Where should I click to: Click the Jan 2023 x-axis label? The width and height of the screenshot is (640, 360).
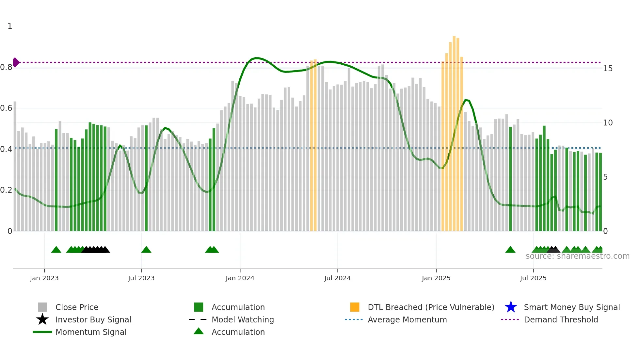click(44, 278)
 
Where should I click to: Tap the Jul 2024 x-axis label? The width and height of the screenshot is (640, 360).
click(337, 278)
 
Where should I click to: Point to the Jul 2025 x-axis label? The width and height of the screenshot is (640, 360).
click(533, 278)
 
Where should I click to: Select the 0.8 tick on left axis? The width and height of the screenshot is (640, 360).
click(6, 67)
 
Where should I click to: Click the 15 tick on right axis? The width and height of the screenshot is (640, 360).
click(608, 69)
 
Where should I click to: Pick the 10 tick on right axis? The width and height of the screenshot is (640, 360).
click(608, 123)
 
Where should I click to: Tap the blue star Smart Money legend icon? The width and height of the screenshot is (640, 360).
click(511, 307)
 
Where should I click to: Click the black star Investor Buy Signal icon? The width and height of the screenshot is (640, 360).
click(42, 319)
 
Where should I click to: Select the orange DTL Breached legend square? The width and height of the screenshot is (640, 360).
click(355, 307)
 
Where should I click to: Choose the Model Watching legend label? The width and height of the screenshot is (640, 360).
click(243, 319)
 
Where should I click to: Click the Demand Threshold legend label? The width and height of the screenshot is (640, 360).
click(561, 319)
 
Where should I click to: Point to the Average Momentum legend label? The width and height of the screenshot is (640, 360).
click(407, 319)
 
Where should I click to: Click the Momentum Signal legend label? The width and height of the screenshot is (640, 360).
click(91, 332)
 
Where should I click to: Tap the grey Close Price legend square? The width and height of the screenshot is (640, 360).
click(42, 307)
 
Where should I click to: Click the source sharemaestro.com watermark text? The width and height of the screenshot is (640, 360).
click(577, 256)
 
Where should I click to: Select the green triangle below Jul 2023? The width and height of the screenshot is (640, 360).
click(146, 250)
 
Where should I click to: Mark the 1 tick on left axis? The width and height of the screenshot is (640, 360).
click(10, 26)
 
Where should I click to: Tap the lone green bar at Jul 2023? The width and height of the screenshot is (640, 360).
click(146, 178)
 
